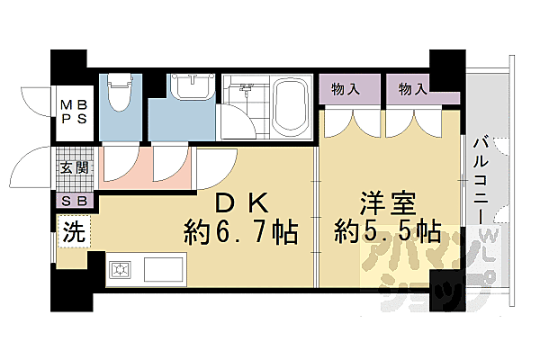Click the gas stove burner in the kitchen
point(121,268)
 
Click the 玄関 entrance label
point(74,167)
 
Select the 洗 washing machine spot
point(72,231)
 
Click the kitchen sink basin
point(163,268)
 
